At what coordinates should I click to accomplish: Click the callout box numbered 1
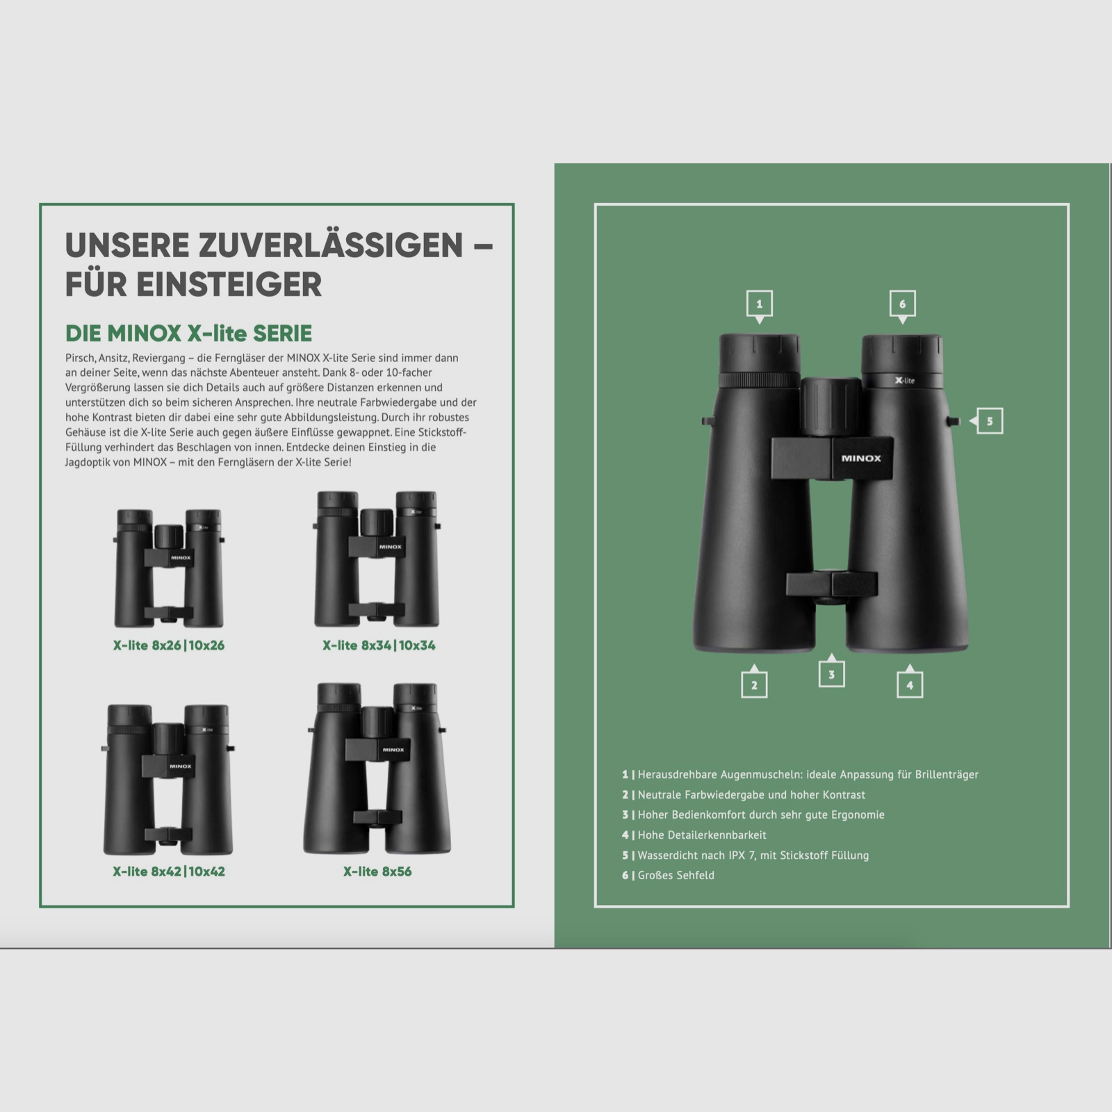759,304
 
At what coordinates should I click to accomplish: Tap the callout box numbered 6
902,304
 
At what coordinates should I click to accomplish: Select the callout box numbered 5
989,421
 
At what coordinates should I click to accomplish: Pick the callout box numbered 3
831,674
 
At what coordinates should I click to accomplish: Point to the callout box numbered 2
754,685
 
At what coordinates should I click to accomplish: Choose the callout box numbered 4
910,685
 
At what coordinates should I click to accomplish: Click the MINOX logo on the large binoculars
861,459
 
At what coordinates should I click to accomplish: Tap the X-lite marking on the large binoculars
905,380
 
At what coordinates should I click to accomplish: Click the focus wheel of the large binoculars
831,407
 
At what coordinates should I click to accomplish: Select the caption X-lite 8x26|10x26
169,646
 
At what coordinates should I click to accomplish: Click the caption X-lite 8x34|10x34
379,646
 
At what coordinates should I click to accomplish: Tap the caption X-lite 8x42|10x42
169,872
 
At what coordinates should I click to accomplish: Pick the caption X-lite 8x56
377,872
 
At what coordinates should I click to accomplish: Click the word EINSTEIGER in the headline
229,284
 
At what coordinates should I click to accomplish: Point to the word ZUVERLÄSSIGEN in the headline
330,245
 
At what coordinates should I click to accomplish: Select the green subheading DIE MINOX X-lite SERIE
188,334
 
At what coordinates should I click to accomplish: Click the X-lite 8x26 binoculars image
169,569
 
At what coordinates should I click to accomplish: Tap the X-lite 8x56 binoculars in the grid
377,769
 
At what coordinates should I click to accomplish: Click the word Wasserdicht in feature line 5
671,856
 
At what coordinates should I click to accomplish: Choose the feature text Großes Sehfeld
676,876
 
